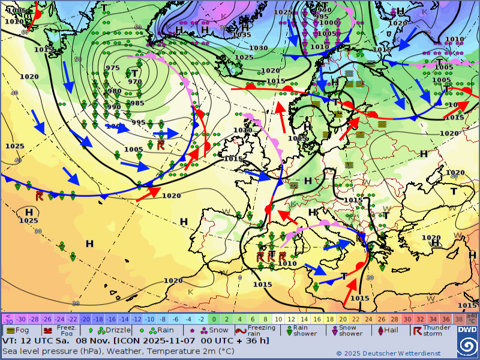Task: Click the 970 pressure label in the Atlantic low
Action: tap(135, 82)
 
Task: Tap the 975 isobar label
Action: tap(112, 68)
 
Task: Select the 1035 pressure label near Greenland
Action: tap(242, 35)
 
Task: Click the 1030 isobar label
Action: tap(259, 48)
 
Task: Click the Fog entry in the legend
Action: tap(17, 330)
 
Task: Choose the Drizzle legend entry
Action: tap(113, 330)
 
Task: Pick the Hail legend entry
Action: tap(389, 330)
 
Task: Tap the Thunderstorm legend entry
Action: tap(432, 330)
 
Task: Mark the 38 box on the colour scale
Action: tap(459, 319)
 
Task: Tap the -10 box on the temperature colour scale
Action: tap(149, 319)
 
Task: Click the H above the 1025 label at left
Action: tap(29, 212)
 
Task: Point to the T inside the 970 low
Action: tap(134, 73)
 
